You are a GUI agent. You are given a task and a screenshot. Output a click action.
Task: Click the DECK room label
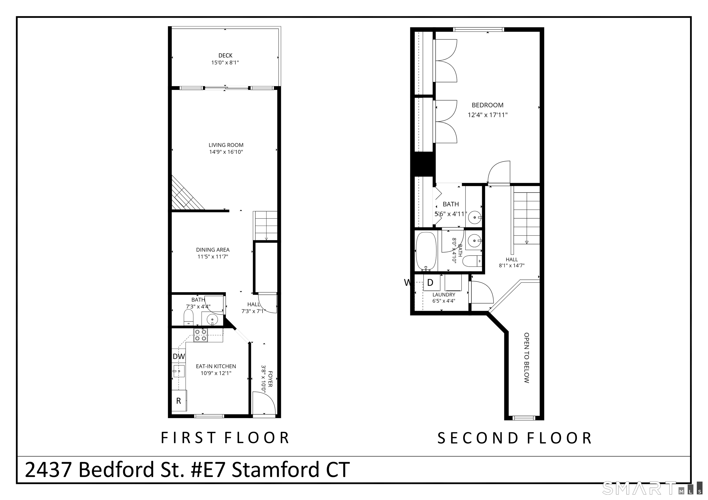point(225,55)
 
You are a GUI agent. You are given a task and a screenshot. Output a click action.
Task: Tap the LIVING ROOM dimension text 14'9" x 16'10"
point(226,152)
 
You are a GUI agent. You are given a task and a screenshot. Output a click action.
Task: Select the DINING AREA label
point(213,250)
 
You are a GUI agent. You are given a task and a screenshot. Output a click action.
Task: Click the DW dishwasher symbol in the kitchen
point(179,356)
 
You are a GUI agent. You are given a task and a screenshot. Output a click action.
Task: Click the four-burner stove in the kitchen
point(201,335)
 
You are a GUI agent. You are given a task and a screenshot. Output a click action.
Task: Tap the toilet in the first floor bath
point(189,317)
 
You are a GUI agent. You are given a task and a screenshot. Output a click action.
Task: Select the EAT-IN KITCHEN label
point(216,366)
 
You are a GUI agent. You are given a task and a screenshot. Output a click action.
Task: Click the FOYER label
point(270,379)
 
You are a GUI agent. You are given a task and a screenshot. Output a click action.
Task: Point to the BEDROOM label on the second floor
point(487,105)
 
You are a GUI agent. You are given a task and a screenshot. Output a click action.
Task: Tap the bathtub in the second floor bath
point(426,251)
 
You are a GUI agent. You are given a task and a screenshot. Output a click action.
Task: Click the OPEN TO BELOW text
point(527,358)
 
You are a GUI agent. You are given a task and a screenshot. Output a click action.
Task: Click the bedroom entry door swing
point(498,172)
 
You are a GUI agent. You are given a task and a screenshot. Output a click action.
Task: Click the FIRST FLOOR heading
point(225,438)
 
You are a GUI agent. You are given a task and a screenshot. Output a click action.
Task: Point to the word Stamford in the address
point(275,470)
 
